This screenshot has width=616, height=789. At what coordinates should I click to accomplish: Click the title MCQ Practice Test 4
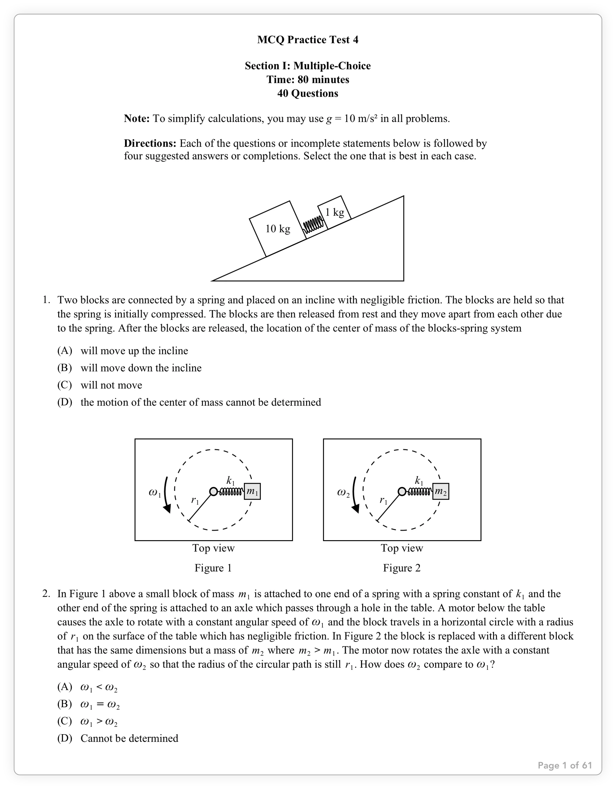[307, 40]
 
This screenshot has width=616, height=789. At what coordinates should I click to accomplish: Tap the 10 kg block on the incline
[278, 229]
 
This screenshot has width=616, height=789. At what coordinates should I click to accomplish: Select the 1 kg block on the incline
[334, 212]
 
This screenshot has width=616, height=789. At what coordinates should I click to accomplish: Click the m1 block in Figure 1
[252, 491]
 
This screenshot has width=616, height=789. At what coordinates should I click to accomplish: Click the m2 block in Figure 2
[441, 491]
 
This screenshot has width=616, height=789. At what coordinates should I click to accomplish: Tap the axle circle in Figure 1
[213, 491]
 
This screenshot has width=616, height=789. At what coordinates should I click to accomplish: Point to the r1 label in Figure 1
[195, 500]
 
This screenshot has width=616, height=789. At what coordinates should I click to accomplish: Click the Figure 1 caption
[213, 568]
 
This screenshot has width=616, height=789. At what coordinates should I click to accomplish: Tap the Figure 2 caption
[402, 568]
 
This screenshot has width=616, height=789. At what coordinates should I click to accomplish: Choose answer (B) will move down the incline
[141, 368]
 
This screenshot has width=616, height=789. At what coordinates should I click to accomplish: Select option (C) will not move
[111, 385]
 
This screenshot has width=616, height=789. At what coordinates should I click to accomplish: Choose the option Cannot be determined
[129, 738]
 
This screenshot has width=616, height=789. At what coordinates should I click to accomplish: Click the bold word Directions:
[150, 144]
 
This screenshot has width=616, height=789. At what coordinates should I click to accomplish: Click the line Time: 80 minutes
[308, 79]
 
